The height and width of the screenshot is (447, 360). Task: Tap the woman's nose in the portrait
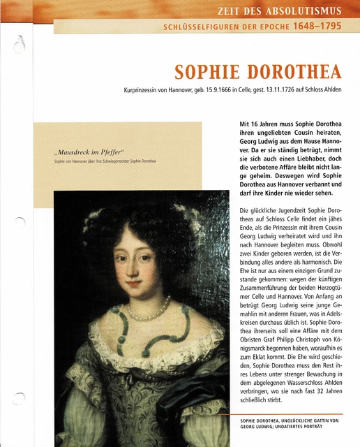[140, 272]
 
